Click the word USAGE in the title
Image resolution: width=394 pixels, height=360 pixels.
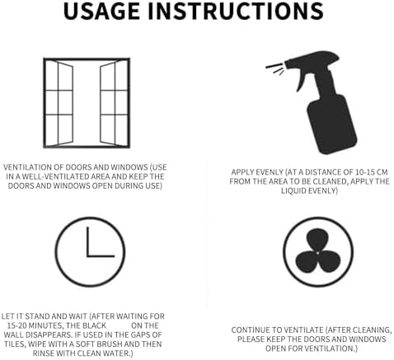tap(101, 11)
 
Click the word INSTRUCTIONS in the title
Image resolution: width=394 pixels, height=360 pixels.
tap(236, 11)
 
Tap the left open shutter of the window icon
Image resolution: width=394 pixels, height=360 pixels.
tap(65, 103)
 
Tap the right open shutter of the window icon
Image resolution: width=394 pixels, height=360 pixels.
tap(107, 103)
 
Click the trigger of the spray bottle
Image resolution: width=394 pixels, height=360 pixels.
tap(302, 79)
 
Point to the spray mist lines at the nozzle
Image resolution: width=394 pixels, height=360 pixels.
tap(274, 68)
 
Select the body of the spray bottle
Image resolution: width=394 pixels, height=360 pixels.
tap(332, 124)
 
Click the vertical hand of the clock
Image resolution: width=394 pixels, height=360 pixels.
tap(88, 241)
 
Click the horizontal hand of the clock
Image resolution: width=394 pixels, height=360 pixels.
tap(101, 256)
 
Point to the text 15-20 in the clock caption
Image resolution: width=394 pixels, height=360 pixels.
tap(16, 325)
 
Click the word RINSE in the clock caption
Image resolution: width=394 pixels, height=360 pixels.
tap(42, 353)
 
